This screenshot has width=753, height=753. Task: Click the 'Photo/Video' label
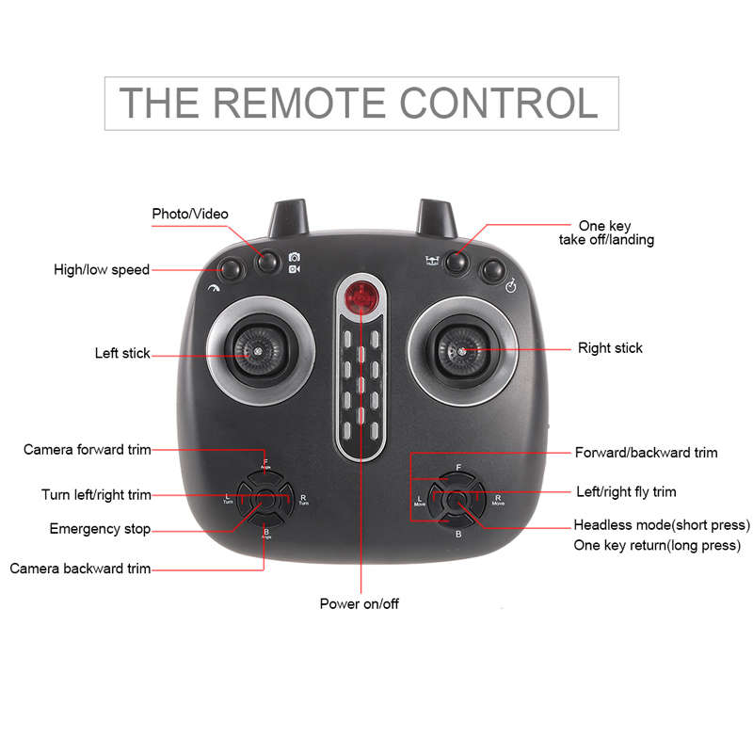(x=190, y=214)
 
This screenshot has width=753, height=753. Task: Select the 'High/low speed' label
(x=102, y=270)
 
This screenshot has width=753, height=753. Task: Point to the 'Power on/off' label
(x=360, y=603)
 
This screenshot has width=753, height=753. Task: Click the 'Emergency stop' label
(x=100, y=529)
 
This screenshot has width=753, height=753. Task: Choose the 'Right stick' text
(x=610, y=348)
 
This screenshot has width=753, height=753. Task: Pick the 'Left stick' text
(x=122, y=354)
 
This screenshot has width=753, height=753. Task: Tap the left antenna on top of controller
(x=289, y=219)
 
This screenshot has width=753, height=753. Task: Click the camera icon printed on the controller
(x=295, y=257)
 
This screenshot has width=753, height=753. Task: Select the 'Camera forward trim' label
(x=88, y=450)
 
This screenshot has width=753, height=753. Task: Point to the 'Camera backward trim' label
(x=80, y=569)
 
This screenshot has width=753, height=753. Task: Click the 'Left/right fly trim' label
(x=626, y=491)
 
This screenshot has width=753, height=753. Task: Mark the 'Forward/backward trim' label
(x=646, y=453)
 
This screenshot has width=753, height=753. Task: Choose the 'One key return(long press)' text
(x=657, y=546)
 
